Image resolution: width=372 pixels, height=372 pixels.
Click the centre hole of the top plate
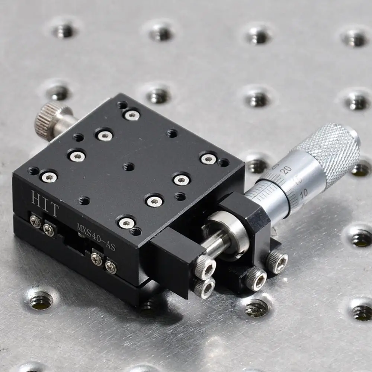[129, 167]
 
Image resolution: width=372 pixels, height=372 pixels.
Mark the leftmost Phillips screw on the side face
[35, 222]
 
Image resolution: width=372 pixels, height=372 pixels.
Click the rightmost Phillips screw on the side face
[111, 266]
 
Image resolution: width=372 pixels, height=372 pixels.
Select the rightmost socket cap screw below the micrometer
[278, 260]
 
